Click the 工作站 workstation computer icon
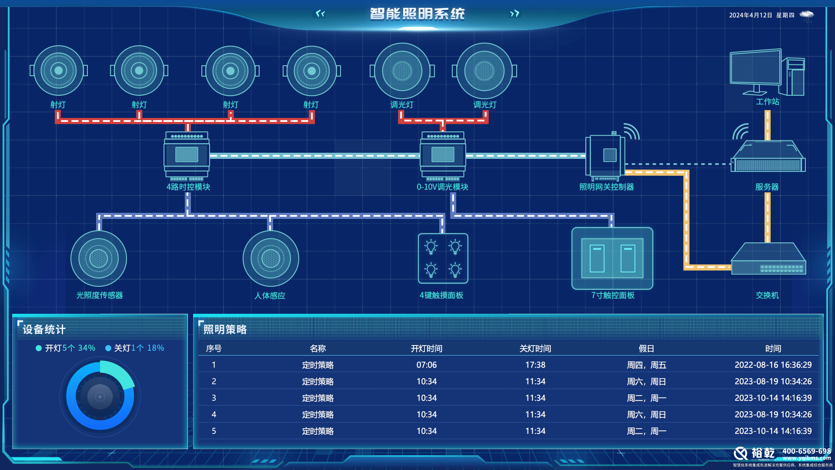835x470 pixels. [x=767, y=72]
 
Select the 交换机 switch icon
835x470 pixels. [x=768, y=260]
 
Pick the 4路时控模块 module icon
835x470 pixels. [x=187, y=155]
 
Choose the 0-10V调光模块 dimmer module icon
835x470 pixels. [x=443, y=155]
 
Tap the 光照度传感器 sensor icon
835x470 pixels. [x=99, y=258]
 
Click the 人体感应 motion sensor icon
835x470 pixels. [x=271, y=258]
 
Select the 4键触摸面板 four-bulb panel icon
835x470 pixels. [x=443, y=258]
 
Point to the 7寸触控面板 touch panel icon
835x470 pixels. [x=612, y=258]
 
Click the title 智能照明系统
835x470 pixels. [x=417, y=14]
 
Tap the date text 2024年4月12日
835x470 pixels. [x=750, y=15]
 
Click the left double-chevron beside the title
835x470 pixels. [x=320, y=13]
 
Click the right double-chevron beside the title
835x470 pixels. [x=514, y=13]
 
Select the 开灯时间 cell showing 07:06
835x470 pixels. [x=426, y=365]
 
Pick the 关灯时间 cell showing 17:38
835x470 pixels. [x=535, y=365]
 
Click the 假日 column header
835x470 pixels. [x=646, y=349]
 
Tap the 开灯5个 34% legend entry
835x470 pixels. [x=66, y=348]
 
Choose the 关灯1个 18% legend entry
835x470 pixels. [x=135, y=348]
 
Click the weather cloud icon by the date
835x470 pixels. [x=807, y=16]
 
